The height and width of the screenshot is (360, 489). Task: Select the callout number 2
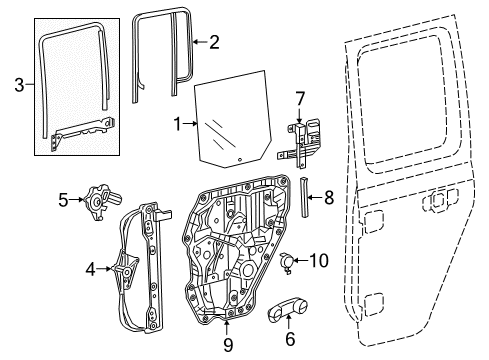pyautogui.click(x=213, y=41)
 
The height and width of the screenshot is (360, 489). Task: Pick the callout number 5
pyautogui.click(x=63, y=200)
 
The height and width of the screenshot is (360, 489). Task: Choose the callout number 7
pyautogui.click(x=298, y=99)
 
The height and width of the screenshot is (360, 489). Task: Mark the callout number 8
pyautogui.click(x=330, y=198)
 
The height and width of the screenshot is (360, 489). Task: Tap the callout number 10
pyautogui.click(x=319, y=261)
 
